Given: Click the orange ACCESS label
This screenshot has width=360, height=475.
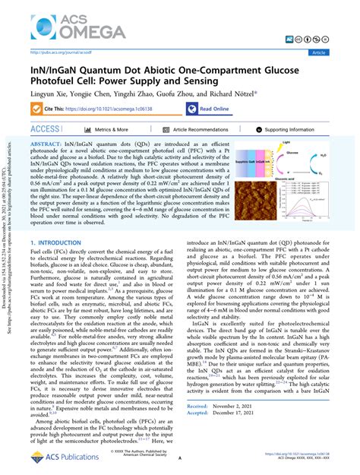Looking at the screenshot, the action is tap(46, 129).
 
